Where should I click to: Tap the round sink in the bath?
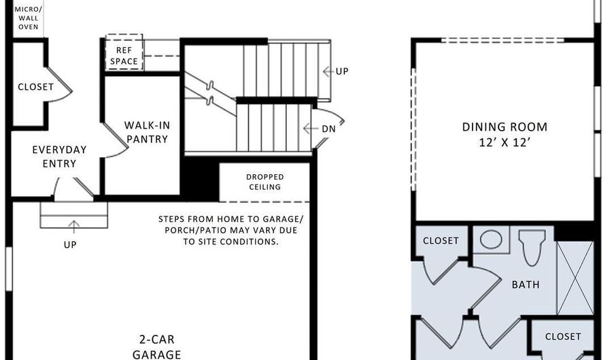click(x=491, y=240)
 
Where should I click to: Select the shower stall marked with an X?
click(x=575, y=278)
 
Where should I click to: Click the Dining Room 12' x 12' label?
click(x=505, y=135)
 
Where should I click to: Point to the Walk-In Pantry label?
click(x=147, y=133)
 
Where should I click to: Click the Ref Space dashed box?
click(x=124, y=52)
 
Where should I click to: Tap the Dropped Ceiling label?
click(x=265, y=182)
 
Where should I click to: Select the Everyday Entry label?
click(x=59, y=157)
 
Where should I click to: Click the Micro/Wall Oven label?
click(x=29, y=18)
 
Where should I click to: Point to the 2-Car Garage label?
click(x=156, y=346)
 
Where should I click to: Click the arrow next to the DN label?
click(x=310, y=129)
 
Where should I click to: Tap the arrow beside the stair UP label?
click(x=328, y=71)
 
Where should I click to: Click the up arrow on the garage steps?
click(x=73, y=227)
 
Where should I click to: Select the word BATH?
click(x=526, y=284)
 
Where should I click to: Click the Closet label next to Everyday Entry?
click(x=35, y=86)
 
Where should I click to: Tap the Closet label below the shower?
click(x=563, y=337)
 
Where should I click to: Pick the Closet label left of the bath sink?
click(x=441, y=240)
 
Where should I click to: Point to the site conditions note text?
click(x=231, y=231)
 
